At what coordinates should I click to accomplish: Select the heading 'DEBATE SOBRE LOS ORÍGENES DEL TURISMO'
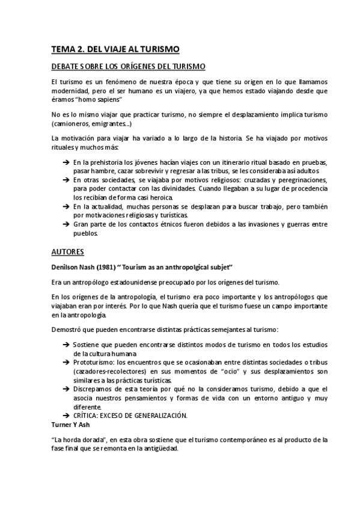[x=129, y=66]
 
